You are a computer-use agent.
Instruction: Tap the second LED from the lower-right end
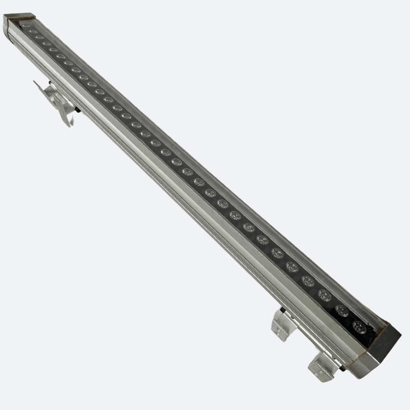point(342,311)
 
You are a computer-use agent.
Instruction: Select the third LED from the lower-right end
point(324,295)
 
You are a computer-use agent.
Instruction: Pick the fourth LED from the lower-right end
point(307,280)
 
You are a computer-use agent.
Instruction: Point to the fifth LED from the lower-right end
point(292,266)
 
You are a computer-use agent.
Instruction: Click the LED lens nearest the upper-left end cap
point(26,25)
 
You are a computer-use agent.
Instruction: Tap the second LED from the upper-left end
point(33,31)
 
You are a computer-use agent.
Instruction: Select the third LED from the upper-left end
point(39,37)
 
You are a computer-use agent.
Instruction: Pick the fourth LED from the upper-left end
point(47,44)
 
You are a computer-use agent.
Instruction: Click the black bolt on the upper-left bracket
point(77,109)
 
